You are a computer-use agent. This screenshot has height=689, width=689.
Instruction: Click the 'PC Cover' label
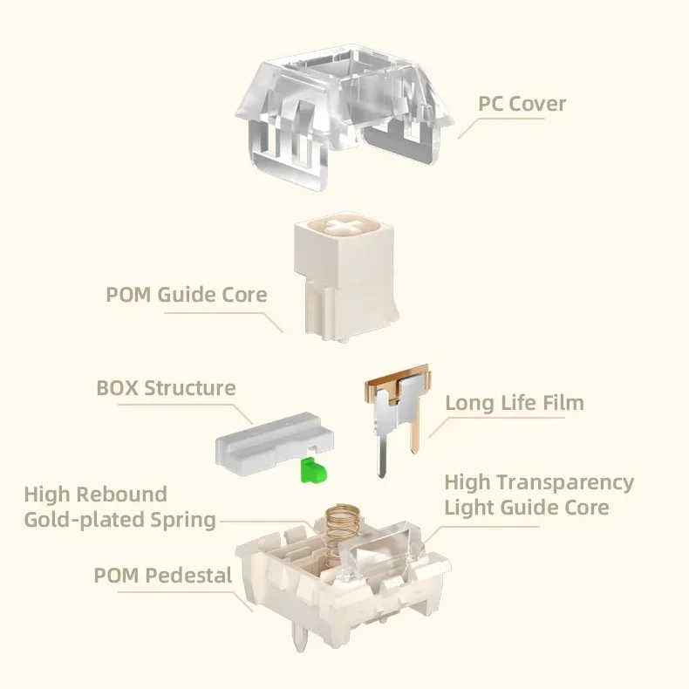[522, 105]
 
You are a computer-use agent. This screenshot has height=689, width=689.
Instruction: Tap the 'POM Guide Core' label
[187, 294]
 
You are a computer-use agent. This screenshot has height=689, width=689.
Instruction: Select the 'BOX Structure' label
[166, 387]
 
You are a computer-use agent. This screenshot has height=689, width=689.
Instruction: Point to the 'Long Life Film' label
[515, 403]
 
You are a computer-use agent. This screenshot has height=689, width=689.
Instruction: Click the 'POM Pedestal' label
[163, 576]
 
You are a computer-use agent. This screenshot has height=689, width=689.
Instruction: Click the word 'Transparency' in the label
[569, 482]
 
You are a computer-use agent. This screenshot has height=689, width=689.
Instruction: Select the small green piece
[311, 471]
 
